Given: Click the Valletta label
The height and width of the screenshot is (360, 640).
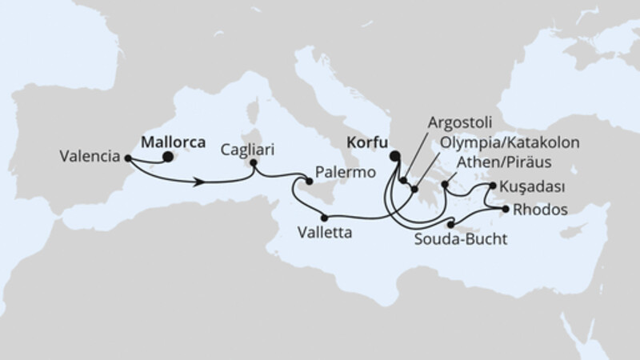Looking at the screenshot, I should [x=323, y=235].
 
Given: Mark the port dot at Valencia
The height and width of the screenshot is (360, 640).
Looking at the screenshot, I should [x=129, y=158].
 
